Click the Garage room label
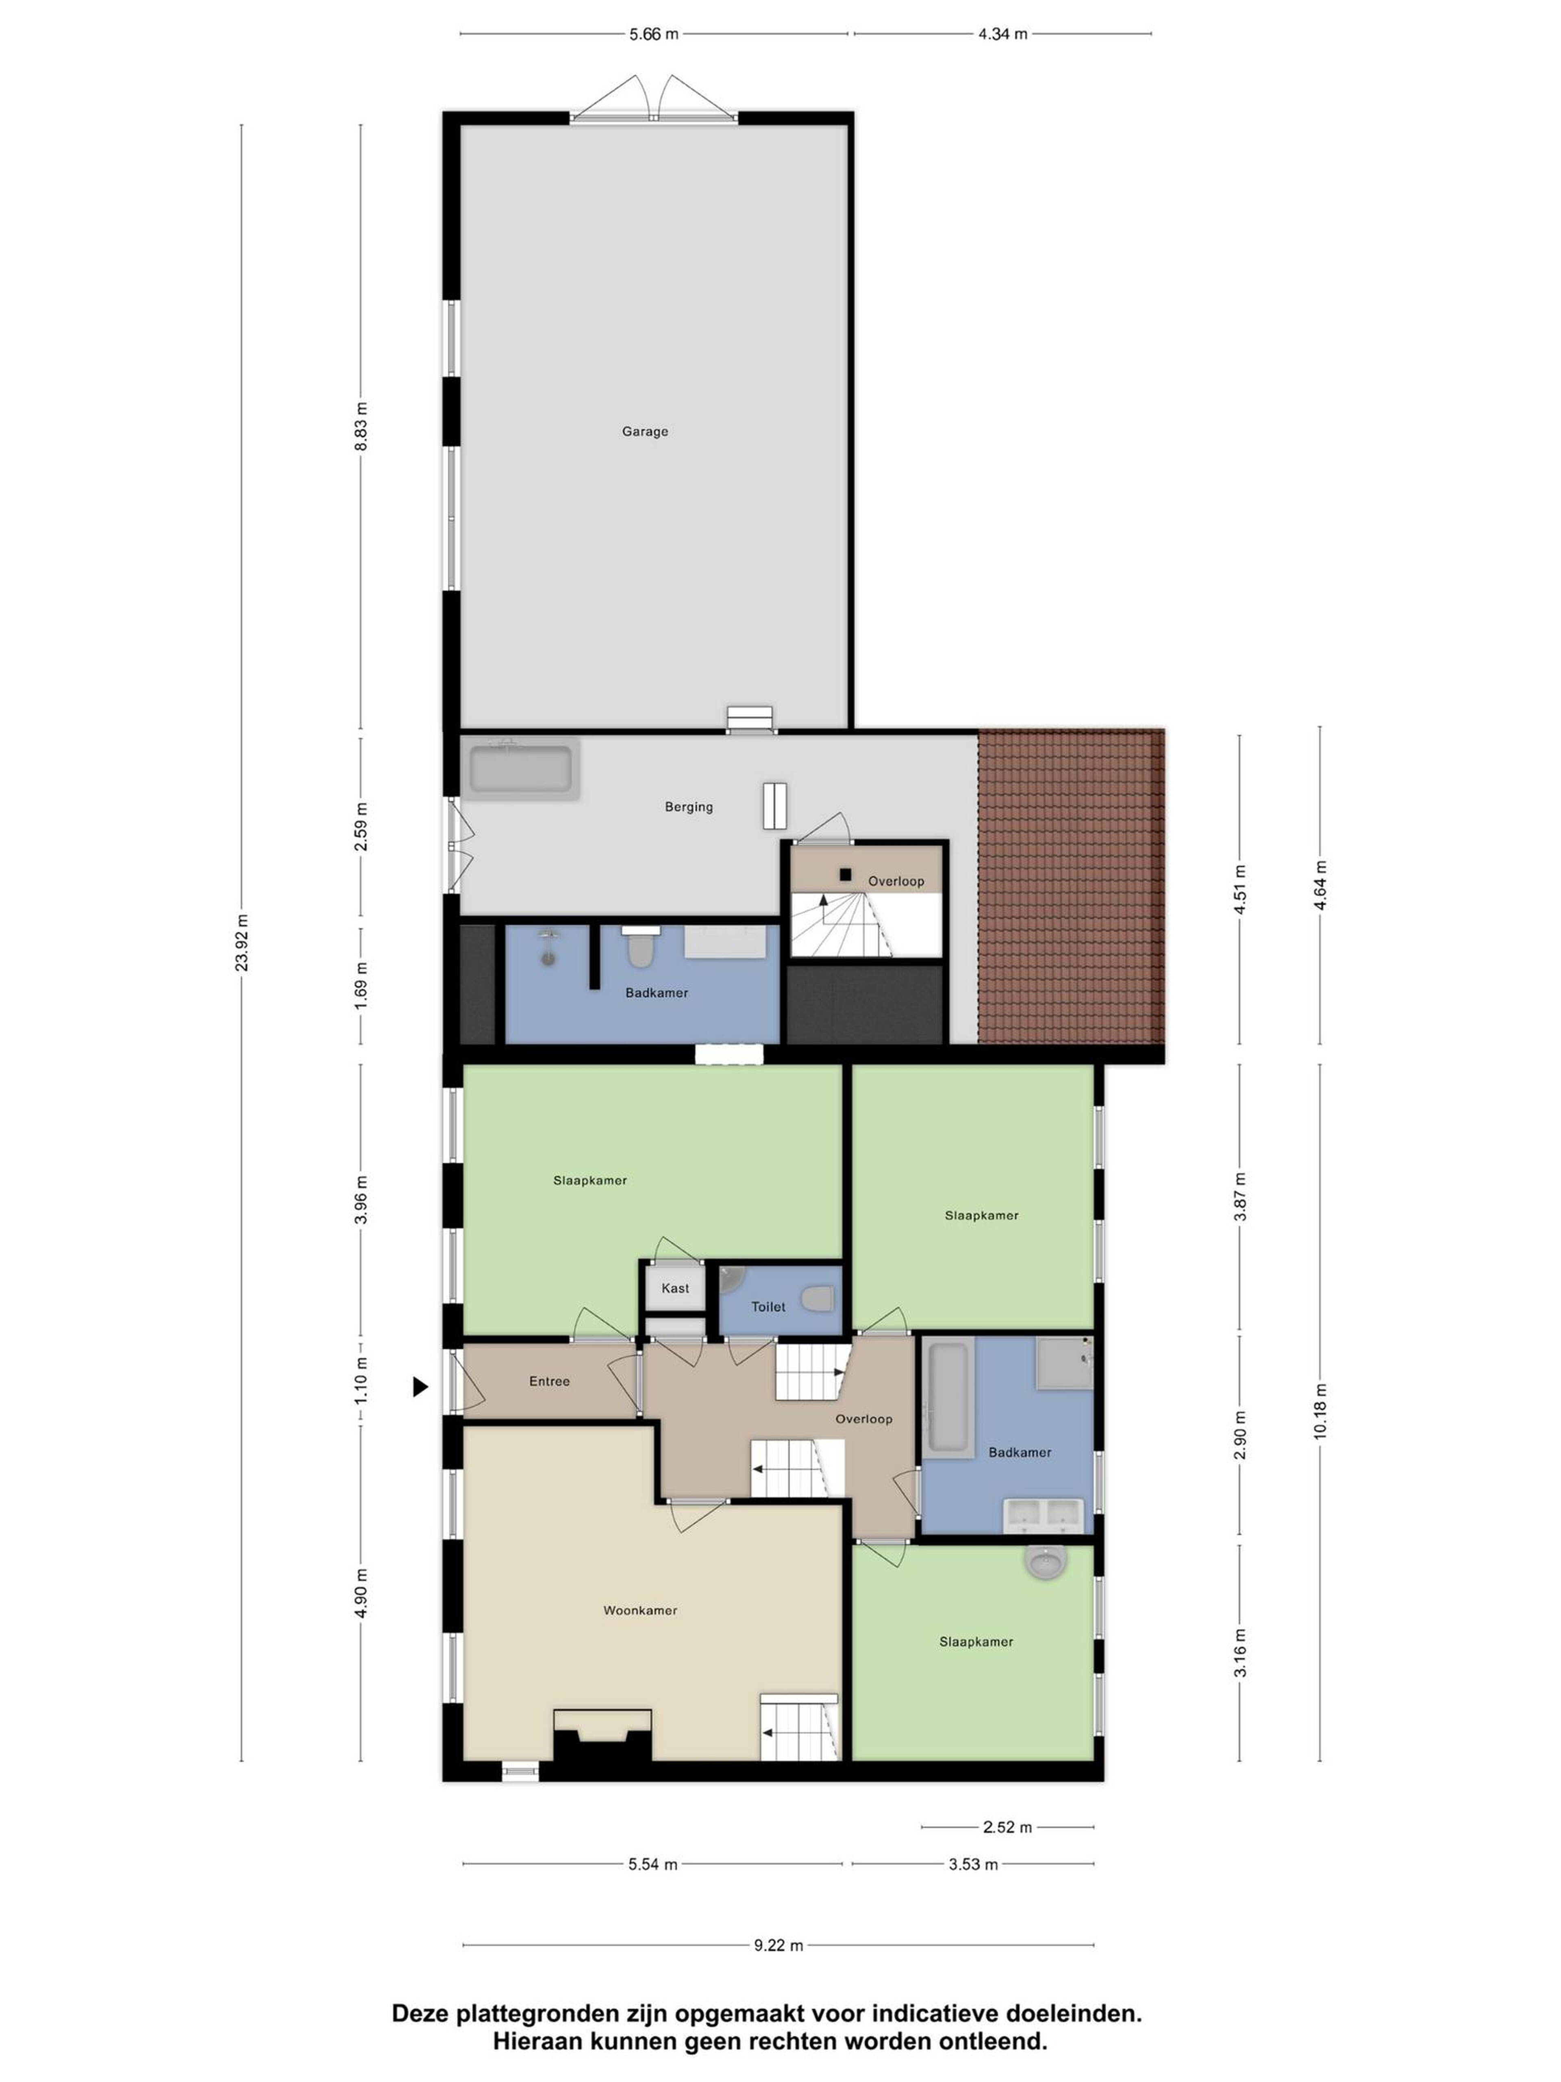point(645,432)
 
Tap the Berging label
point(689,807)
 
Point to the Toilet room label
point(768,1307)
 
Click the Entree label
point(550,1381)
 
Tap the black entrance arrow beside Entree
point(421,1386)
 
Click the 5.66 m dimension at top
point(653,34)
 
